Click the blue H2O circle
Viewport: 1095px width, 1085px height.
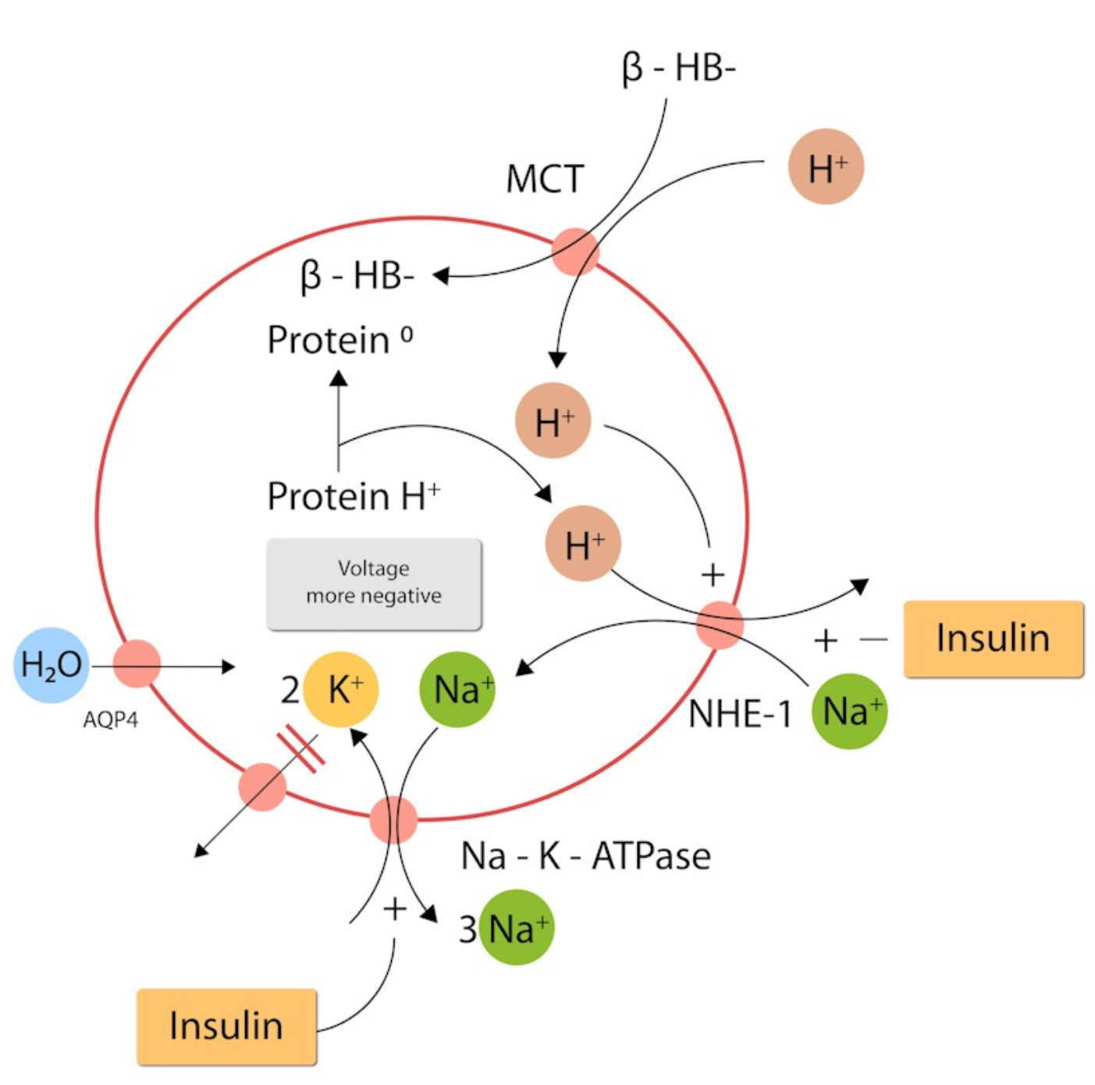[x=51, y=665]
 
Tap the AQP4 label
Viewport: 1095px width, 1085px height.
[x=110, y=719]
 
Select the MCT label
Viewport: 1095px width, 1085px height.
[x=545, y=179]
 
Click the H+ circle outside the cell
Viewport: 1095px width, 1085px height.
[x=826, y=167]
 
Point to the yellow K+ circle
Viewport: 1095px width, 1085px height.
[x=342, y=690]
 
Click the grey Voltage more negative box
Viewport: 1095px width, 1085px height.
[x=374, y=583]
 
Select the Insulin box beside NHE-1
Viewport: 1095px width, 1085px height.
[x=993, y=638]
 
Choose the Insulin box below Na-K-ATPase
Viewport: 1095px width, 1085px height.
[x=226, y=1026]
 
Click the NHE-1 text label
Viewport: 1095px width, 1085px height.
[x=739, y=714]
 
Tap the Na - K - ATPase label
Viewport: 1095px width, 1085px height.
[x=585, y=856]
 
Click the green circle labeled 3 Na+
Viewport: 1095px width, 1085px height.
[x=516, y=928]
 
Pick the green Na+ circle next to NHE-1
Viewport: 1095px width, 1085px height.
[x=849, y=712]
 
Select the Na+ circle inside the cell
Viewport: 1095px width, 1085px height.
[x=458, y=690]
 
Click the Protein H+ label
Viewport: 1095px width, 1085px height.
[x=354, y=496]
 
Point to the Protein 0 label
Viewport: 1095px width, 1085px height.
[x=340, y=340]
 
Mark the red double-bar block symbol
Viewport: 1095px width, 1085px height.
[x=301, y=748]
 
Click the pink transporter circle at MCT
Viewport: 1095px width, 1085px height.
[x=575, y=252]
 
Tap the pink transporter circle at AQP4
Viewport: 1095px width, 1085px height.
[x=137, y=663]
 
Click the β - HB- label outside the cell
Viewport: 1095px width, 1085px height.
[x=678, y=68]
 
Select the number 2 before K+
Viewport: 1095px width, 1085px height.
[x=290, y=691]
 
